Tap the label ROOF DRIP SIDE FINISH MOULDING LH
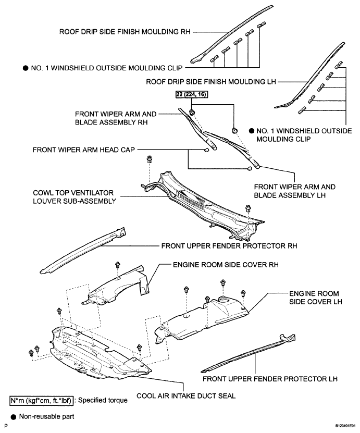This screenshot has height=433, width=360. (x=210, y=81)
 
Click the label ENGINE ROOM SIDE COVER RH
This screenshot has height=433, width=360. (x=226, y=265)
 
